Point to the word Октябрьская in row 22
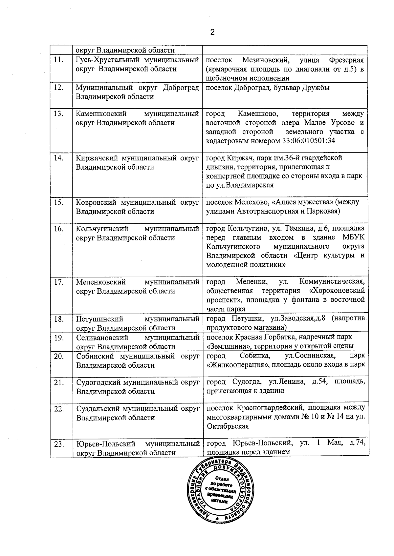(x=228, y=426)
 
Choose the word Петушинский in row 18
(x=99, y=319)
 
